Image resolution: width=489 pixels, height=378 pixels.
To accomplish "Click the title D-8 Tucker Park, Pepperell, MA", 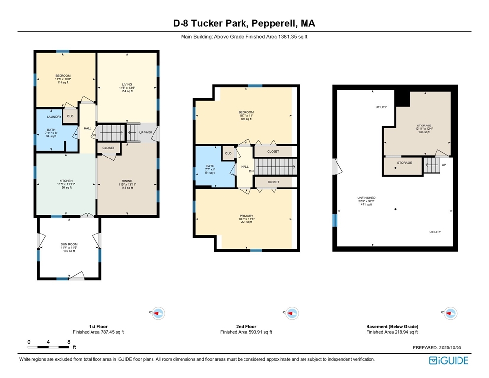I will coord(244,23).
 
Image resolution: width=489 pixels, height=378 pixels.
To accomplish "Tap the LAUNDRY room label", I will coord(54,117).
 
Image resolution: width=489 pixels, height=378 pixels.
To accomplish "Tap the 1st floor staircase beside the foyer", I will coord(113,132).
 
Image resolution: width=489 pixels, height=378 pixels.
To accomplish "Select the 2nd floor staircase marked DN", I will coord(275,167).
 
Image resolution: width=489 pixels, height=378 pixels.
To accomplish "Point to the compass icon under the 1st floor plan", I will coord(158,313).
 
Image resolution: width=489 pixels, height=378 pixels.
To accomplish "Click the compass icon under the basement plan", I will coord(450,313).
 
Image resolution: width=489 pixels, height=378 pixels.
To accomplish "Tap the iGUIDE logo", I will coord(448,361).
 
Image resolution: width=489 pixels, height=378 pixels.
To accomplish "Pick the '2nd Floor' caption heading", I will coord(245,326).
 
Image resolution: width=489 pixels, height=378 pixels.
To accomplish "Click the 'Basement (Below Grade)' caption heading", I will coord(392,326).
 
